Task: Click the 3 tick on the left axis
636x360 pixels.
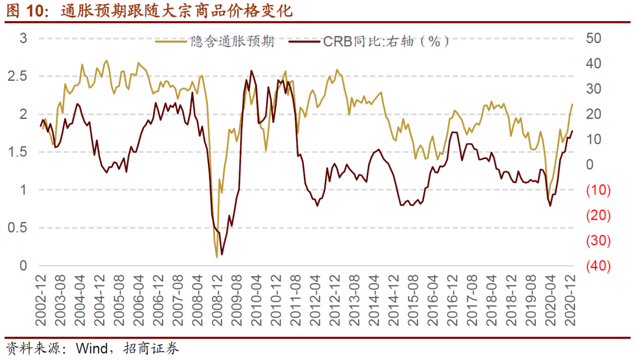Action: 24,38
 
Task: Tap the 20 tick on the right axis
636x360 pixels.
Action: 596,114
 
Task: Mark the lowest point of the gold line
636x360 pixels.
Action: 217,257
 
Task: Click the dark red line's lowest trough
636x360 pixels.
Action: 221,254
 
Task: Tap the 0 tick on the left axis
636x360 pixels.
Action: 24,266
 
